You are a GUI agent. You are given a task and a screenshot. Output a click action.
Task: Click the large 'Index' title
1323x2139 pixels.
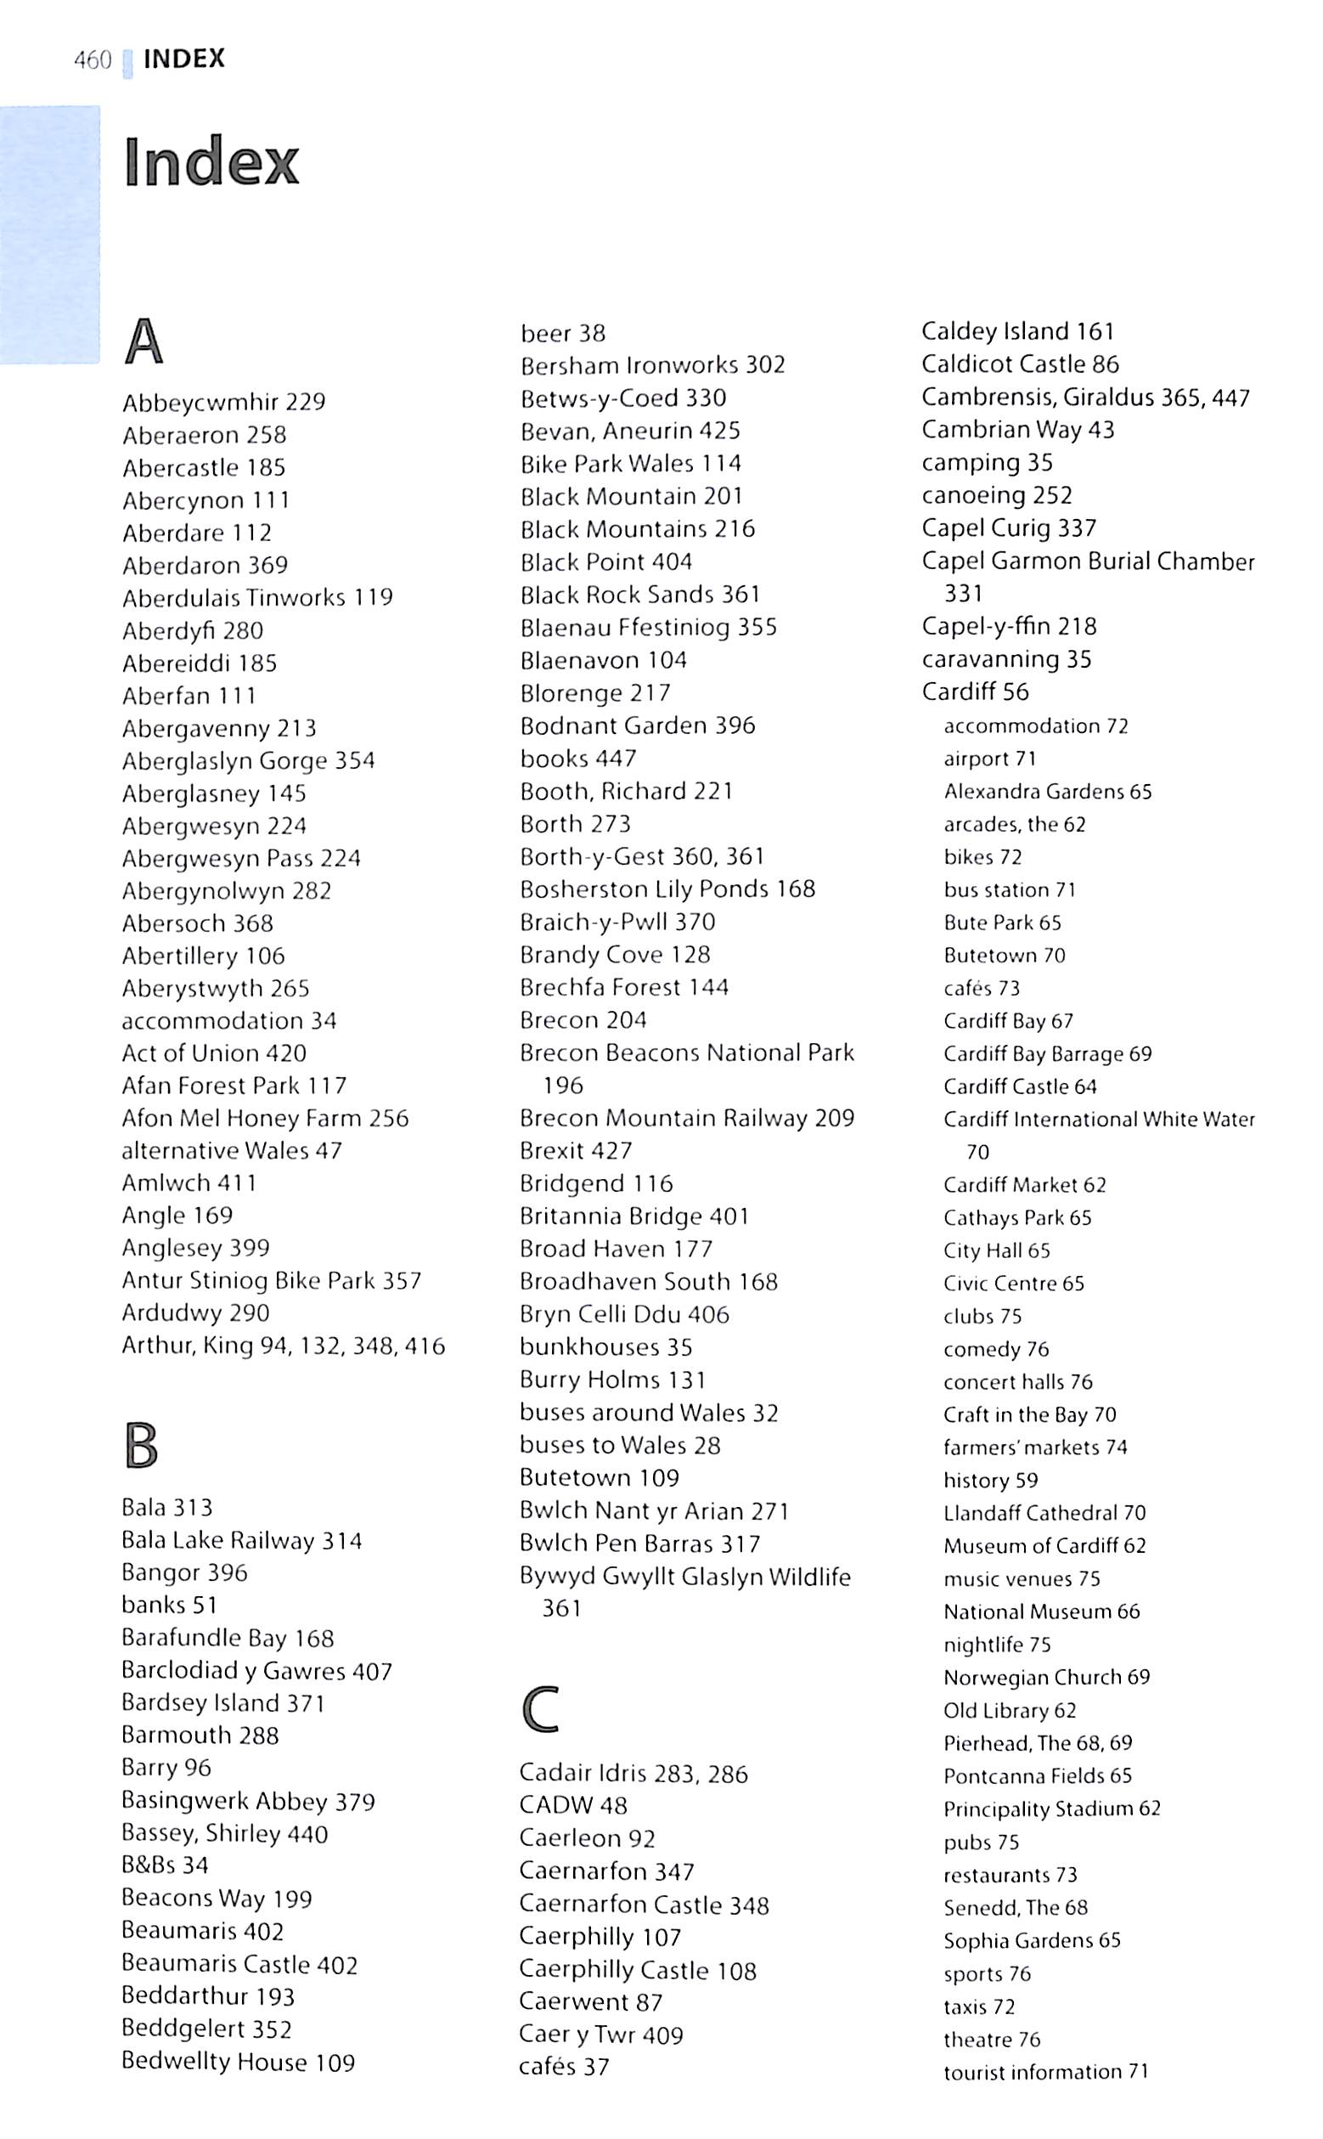click(x=211, y=162)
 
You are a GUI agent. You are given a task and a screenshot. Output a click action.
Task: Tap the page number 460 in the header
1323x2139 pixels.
click(x=93, y=59)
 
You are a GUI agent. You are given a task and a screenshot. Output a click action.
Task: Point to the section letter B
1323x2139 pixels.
click(x=141, y=1445)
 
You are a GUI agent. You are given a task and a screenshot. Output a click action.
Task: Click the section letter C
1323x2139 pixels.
click(x=540, y=1709)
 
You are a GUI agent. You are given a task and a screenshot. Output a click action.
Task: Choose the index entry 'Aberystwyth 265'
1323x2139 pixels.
click(x=215, y=988)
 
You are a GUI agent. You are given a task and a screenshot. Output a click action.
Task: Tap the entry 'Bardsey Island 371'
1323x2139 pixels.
click(x=223, y=1703)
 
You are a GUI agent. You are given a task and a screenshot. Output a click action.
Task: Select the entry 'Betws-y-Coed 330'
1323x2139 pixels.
click(x=623, y=398)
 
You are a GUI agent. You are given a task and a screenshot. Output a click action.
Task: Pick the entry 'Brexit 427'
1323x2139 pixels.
click(x=576, y=1150)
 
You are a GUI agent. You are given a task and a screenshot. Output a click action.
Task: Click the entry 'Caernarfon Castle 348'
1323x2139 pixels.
click(x=644, y=1905)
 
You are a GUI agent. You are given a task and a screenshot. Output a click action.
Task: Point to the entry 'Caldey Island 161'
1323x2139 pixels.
click(x=1017, y=330)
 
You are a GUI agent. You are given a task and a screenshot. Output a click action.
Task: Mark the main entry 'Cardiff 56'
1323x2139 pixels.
click(x=975, y=691)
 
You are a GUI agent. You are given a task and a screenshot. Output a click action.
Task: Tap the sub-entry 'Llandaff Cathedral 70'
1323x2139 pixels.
click(x=1044, y=1512)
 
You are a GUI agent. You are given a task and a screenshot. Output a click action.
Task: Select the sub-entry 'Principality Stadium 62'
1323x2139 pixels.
click(x=1052, y=1809)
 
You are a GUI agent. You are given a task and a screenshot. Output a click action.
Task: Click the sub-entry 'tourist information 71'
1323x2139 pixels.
click(x=1045, y=2072)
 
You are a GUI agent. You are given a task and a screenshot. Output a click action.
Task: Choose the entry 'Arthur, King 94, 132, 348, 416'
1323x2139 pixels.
click(x=284, y=1346)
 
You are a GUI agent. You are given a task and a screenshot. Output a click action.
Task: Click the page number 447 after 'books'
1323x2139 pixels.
click(x=616, y=758)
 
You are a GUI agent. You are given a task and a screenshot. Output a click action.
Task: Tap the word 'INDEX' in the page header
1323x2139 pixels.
click(x=184, y=59)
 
